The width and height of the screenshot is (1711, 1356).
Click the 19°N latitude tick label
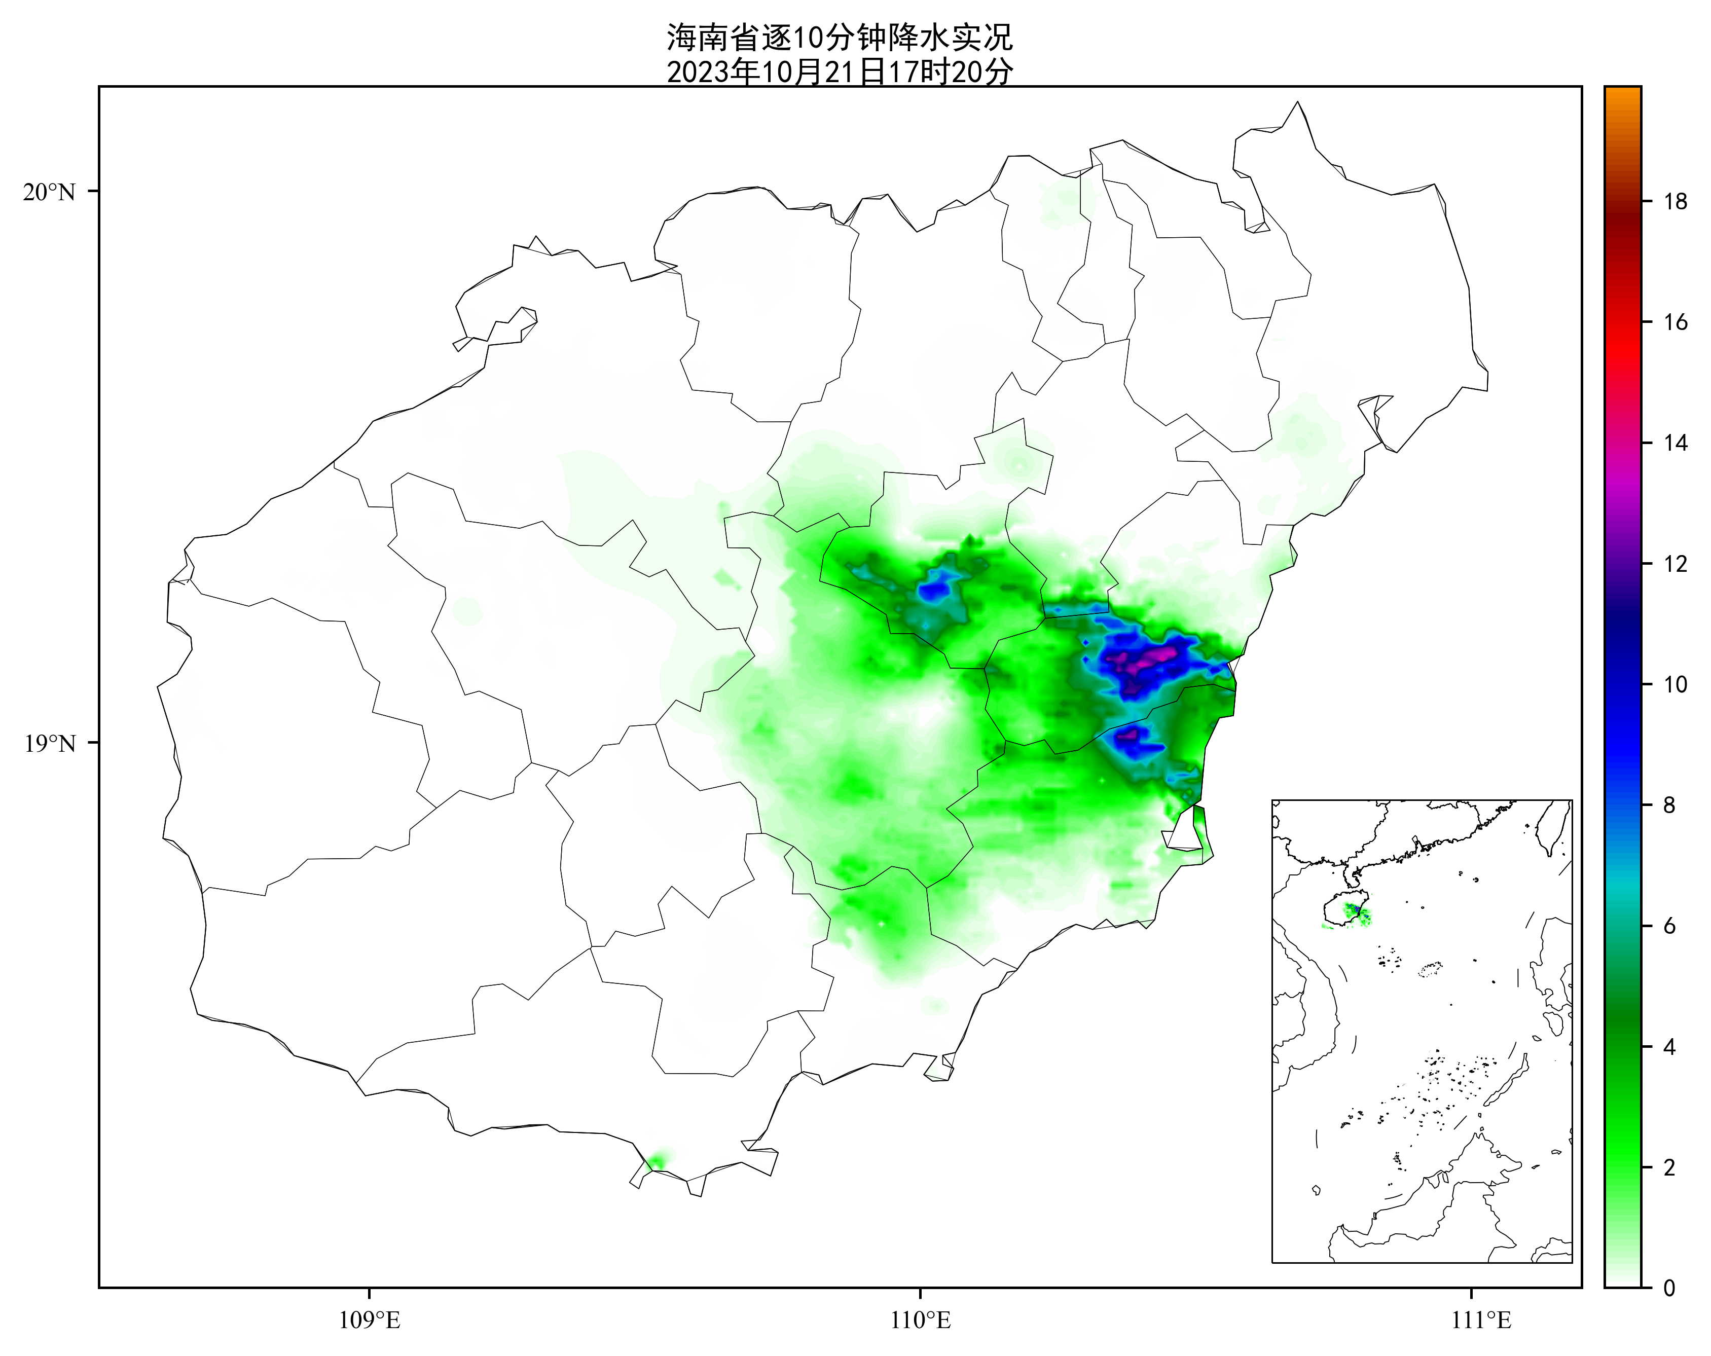coord(49,744)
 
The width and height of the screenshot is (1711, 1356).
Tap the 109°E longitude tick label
coord(369,1321)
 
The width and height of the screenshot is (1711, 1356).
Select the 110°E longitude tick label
coord(921,1321)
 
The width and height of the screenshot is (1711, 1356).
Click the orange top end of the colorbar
coord(1622,94)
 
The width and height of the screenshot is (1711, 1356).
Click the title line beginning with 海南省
coord(839,38)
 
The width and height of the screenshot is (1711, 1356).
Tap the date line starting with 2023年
coord(839,72)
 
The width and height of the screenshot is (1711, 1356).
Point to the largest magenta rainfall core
coord(1147,658)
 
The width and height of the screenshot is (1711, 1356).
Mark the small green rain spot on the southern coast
coord(657,1160)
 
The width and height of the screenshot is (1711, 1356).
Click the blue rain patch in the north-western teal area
coord(934,590)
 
